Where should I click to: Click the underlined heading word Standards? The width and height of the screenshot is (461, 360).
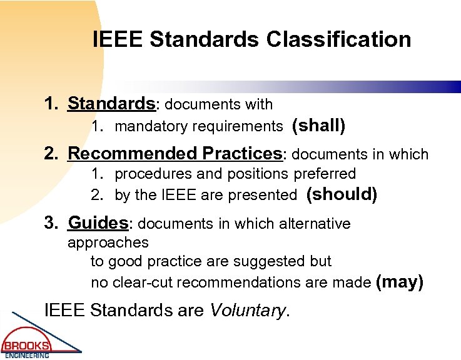pyautogui.click(x=111, y=102)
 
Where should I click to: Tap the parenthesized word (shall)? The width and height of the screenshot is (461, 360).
pyautogui.click(x=318, y=126)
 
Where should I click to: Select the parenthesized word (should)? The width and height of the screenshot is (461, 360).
pyautogui.click(x=342, y=194)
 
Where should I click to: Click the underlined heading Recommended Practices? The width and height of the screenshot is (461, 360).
pyautogui.click(x=175, y=153)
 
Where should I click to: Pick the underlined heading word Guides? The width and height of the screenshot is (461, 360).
pyautogui.click(x=98, y=222)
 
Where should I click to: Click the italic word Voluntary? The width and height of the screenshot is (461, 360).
pyautogui.click(x=247, y=310)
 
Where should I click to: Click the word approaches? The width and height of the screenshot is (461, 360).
pyautogui.click(x=108, y=242)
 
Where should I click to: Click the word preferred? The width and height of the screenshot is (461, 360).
pyautogui.click(x=324, y=174)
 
